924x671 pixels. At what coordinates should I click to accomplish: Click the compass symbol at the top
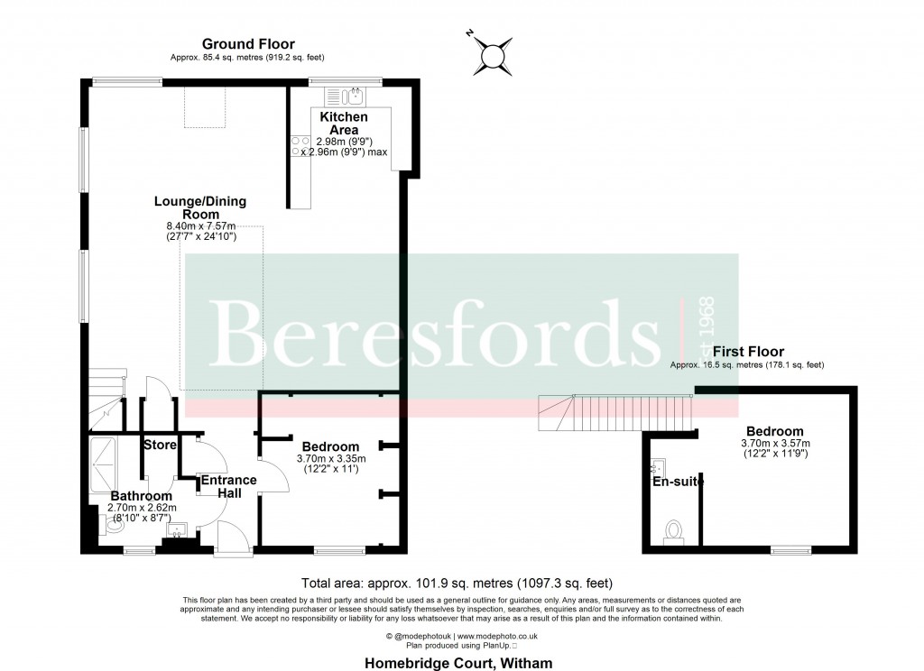tap(493, 55)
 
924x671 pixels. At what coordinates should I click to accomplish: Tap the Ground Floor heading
tap(248, 44)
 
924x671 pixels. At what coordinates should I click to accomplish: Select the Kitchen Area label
tap(344, 124)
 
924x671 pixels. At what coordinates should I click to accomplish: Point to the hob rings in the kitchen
tap(299, 146)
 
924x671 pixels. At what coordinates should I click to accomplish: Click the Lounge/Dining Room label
tap(200, 207)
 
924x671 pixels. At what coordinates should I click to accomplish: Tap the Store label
tap(160, 445)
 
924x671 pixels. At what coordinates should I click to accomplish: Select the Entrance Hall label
tap(228, 487)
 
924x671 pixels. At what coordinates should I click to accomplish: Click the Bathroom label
tap(141, 496)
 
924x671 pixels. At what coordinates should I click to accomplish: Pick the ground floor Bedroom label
tap(330, 446)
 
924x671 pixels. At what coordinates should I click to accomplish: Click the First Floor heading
tap(748, 351)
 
